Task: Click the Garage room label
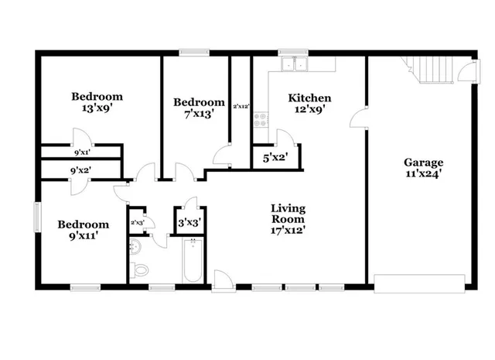click(424, 168)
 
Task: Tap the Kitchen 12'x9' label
click(309, 104)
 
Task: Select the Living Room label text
click(288, 218)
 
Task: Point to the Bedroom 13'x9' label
click(97, 102)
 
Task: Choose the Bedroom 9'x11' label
click(84, 230)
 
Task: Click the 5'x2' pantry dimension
click(276, 157)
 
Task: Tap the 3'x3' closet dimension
click(189, 223)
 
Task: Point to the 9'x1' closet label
click(81, 152)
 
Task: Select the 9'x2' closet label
click(81, 170)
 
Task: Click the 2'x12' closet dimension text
click(241, 105)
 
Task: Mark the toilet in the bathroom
click(140, 269)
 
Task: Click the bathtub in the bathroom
click(193, 262)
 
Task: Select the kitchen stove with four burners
click(261, 121)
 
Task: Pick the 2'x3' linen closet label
click(138, 223)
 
